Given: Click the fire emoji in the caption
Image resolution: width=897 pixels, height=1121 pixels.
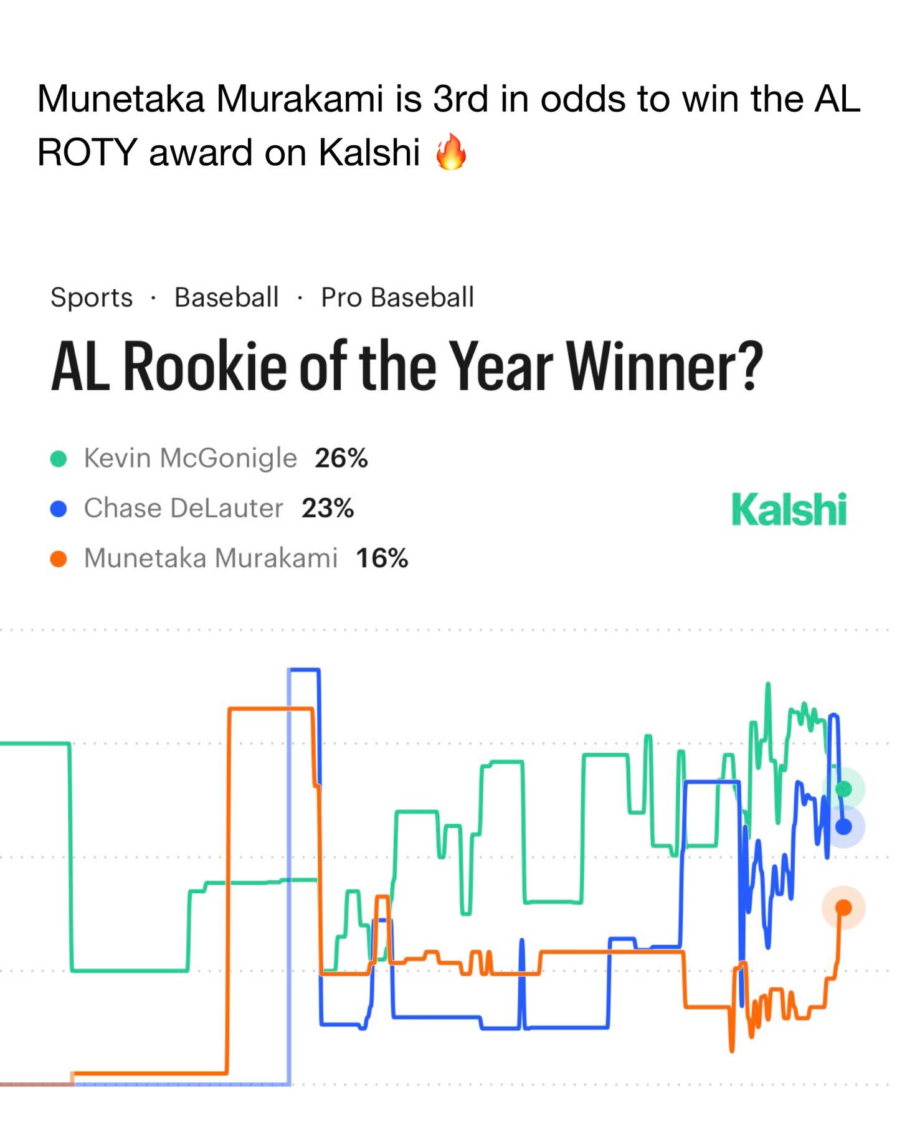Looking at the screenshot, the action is [x=451, y=152].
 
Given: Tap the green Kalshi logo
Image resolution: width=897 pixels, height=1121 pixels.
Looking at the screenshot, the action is [x=789, y=509].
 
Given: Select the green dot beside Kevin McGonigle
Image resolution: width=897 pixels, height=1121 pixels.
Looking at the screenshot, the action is [x=59, y=459].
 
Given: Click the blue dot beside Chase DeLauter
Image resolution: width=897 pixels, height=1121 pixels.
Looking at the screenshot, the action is [x=59, y=509].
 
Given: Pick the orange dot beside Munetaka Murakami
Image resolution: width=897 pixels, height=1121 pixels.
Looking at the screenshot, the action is [x=59, y=559].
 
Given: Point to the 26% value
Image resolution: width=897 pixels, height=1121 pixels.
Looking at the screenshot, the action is [x=341, y=458].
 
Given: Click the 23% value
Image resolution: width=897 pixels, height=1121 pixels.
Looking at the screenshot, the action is [x=328, y=508].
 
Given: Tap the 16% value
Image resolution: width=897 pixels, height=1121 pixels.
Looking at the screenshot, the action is [x=382, y=558].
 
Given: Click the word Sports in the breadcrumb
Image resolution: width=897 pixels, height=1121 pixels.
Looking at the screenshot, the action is [x=92, y=297].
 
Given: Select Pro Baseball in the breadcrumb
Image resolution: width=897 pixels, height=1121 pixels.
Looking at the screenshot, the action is [x=397, y=297].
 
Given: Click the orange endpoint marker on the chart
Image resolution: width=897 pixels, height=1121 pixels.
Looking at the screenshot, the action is [x=843, y=907].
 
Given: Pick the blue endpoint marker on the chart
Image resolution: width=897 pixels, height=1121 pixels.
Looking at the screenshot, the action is [x=843, y=827].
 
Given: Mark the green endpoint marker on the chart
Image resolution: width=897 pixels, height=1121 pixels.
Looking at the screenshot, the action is [x=843, y=789].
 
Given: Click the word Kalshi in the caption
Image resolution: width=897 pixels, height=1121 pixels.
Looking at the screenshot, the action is [x=369, y=152].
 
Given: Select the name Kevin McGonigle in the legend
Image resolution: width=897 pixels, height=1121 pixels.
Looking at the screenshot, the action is [x=191, y=458].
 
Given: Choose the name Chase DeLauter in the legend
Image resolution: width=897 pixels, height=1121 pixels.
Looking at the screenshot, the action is [x=184, y=508].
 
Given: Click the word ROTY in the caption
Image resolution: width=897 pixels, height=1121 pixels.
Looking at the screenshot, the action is [x=87, y=152].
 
